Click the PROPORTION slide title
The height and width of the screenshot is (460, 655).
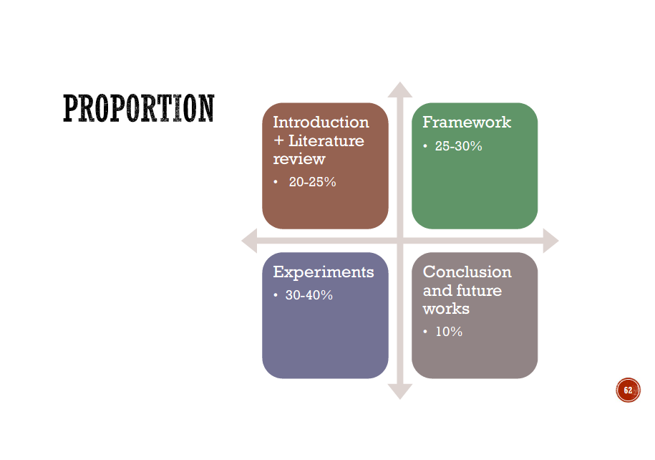click(139, 108)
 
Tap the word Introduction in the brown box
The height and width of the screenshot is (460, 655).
click(321, 122)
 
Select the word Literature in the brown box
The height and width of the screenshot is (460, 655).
click(326, 140)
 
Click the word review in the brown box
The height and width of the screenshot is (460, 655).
click(299, 159)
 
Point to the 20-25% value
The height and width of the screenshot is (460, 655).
click(312, 182)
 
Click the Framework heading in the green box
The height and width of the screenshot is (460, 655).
click(467, 122)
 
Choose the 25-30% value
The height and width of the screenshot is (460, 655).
click(458, 146)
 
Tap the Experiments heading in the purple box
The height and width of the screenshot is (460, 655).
click(324, 272)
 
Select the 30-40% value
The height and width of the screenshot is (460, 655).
click(309, 295)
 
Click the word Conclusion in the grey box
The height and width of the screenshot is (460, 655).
click(467, 272)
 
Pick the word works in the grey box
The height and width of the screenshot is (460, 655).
click(446, 309)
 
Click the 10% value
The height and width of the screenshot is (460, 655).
click(449, 332)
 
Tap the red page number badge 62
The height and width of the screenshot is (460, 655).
click(628, 390)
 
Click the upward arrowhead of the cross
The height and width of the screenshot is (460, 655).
click(399, 90)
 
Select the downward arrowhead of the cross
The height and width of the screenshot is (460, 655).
click(399, 392)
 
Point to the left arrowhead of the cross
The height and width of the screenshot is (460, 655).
click(249, 241)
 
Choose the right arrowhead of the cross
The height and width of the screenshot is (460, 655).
click(551, 241)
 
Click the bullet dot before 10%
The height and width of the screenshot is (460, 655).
click(425, 332)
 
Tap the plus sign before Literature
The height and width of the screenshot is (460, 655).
click(278, 141)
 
